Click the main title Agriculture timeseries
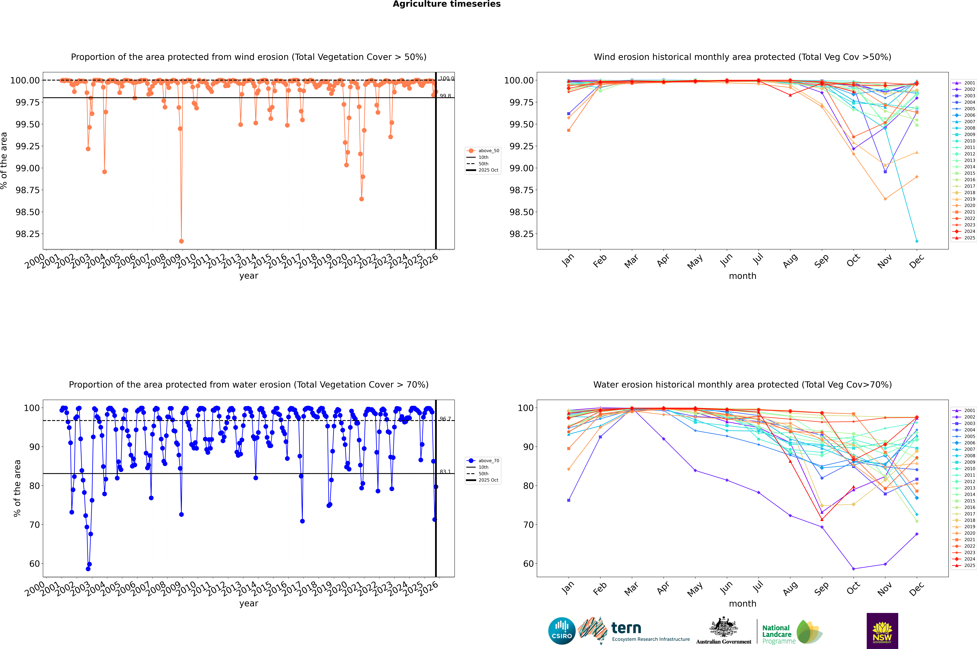coord(446,4)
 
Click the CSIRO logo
coord(562,631)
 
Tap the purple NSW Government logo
coord(882,631)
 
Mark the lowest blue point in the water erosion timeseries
coord(88,569)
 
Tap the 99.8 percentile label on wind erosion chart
coord(445,96)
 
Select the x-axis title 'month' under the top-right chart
coord(742,276)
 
